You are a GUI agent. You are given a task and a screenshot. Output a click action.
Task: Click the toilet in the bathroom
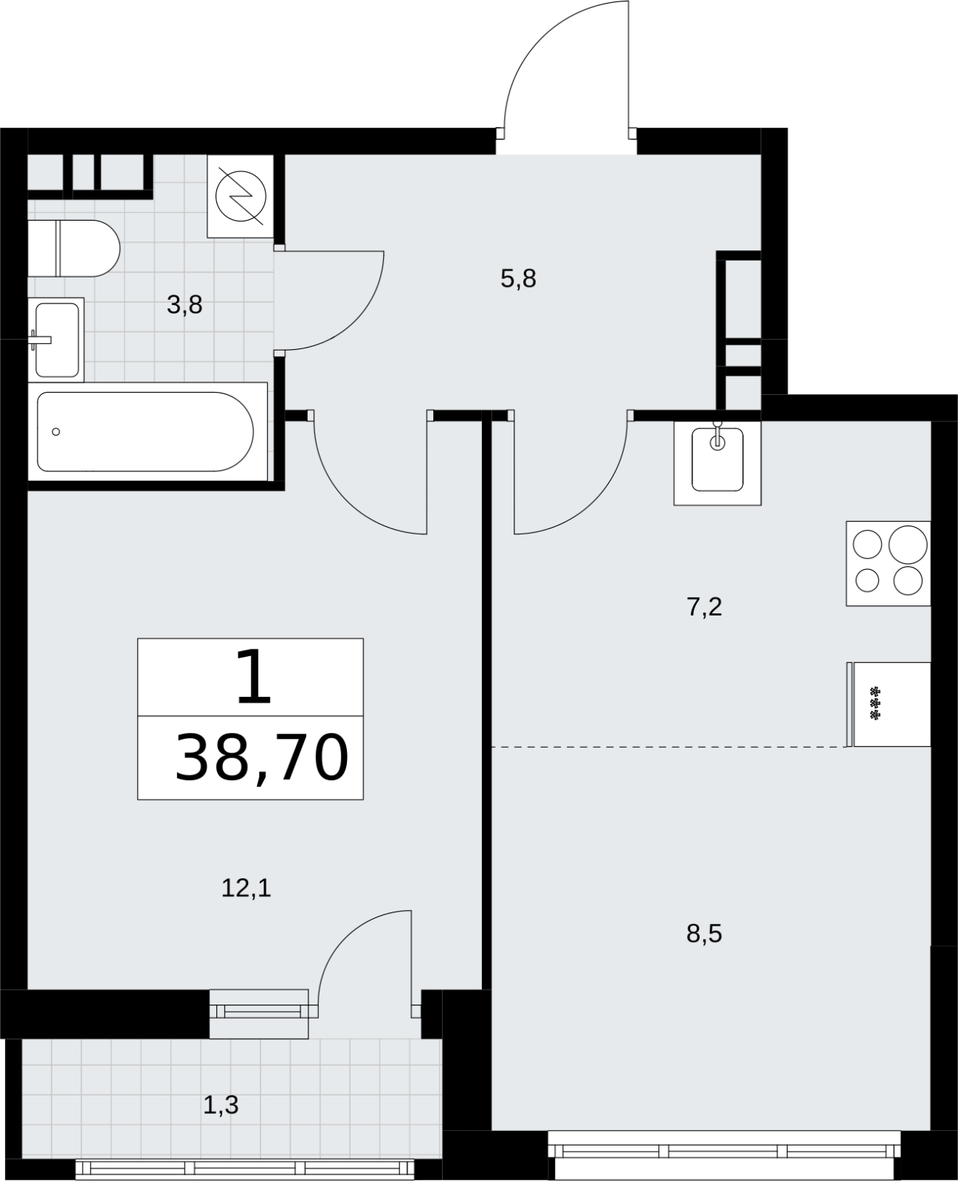click(x=74, y=249)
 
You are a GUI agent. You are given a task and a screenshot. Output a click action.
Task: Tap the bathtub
click(x=148, y=432)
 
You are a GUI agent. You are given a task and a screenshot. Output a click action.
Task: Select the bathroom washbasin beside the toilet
click(x=56, y=340)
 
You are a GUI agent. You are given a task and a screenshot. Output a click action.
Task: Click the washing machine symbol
click(x=241, y=196)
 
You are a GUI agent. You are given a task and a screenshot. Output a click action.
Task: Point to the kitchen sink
click(x=717, y=463)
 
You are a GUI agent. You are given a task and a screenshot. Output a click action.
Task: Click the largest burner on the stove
click(x=908, y=545)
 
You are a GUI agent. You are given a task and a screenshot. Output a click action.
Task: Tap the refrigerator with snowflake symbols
click(x=889, y=704)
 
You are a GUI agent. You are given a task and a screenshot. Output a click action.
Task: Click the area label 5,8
click(x=518, y=279)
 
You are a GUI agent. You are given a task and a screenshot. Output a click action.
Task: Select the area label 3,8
click(x=185, y=305)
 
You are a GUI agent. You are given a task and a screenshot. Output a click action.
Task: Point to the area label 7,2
click(x=704, y=607)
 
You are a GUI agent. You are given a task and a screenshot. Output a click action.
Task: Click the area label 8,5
click(x=704, y=934)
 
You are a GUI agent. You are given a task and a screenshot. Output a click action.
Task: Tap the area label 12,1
click(x=247, y=888)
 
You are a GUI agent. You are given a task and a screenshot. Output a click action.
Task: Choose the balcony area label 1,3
click(x=221, y=1105)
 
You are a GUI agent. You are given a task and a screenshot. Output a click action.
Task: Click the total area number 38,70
click(x=262, y=757)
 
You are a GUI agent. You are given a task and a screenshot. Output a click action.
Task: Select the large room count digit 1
click(x=253, y=676)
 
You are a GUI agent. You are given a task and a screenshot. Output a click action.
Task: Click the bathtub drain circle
click(x=55, y=432)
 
